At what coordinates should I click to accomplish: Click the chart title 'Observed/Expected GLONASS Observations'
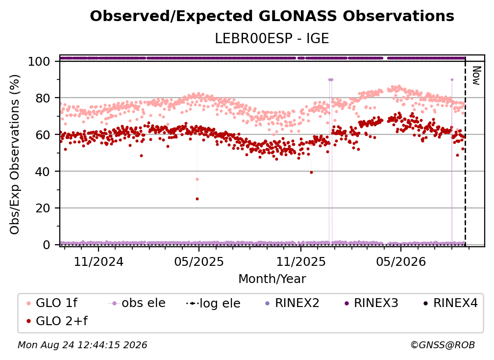pos(272,16)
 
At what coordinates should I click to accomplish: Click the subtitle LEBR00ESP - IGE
pos(272,38)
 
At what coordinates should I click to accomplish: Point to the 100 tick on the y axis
pos(39,61)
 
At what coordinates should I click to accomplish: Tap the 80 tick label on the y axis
pos(43,98)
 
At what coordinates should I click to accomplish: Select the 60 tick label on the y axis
pos(43,134)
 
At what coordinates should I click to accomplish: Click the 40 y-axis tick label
pos(43,172)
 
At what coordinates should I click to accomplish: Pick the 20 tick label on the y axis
pos(43,208)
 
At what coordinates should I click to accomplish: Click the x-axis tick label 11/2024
pos(99,261)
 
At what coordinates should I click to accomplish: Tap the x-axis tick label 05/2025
pos(199,261)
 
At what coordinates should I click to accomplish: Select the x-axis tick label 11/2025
pos(301,261)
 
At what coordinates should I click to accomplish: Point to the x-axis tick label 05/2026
pos(401,261)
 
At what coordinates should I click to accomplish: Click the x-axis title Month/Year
pos(272,279)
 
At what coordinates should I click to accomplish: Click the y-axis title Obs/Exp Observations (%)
pos(15,154)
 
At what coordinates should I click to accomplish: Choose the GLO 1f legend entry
pos(52,303)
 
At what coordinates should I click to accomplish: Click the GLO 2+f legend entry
pos(57,321)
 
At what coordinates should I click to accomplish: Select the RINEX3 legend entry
pos(372,303)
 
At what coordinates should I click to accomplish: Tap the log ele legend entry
pos(213,303)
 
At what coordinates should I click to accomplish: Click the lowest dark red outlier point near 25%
pos(197,199)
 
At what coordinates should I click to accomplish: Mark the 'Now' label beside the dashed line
pos(476,76)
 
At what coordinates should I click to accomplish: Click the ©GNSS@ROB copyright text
pos(443,345)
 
